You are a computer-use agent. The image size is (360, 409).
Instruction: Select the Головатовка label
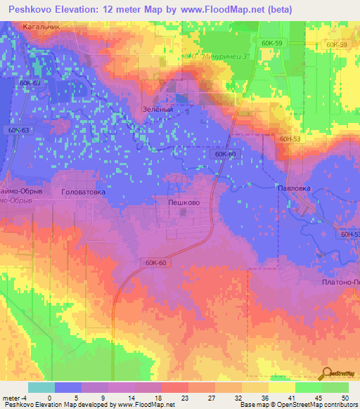coord(83,191)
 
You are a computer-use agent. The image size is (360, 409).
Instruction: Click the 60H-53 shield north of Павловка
coord(289,138)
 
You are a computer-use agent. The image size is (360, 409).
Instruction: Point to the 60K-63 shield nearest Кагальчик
coord(30,83)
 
